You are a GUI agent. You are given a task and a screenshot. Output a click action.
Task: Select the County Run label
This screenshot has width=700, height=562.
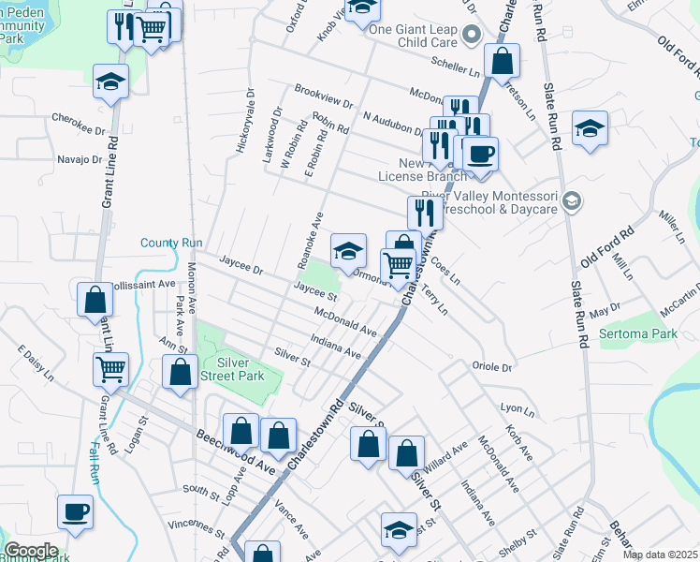click(x=171, y=243)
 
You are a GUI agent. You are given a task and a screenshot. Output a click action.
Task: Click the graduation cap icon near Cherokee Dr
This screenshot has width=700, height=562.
click(x=111, y=81)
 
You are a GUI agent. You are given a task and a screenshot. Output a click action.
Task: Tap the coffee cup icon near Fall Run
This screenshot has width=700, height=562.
click(x=76, y=511)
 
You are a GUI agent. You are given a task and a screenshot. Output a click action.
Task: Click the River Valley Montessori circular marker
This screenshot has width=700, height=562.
click(x=573, y=200)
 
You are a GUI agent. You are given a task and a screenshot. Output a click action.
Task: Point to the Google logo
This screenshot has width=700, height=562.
click(x=30, y=551)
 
